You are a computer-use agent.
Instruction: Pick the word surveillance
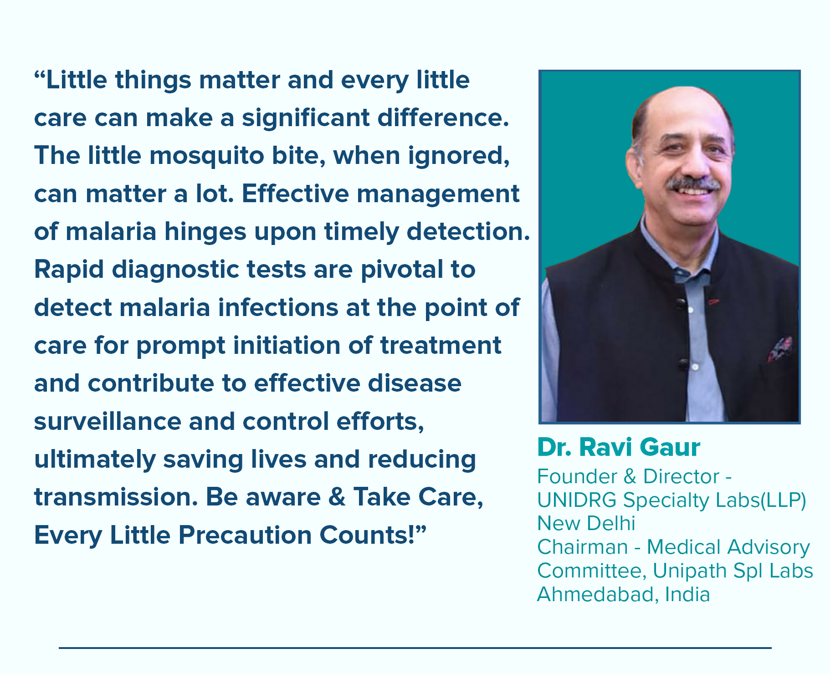108,421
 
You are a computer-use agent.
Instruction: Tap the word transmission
116,497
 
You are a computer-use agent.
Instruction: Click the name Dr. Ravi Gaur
619,447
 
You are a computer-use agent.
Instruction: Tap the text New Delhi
586,524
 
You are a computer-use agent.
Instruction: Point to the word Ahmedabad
598,595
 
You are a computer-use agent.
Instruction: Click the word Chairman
583,547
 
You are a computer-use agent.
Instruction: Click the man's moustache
693,184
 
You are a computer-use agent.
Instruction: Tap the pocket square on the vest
780,348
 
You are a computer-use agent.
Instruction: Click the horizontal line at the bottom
415,648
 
